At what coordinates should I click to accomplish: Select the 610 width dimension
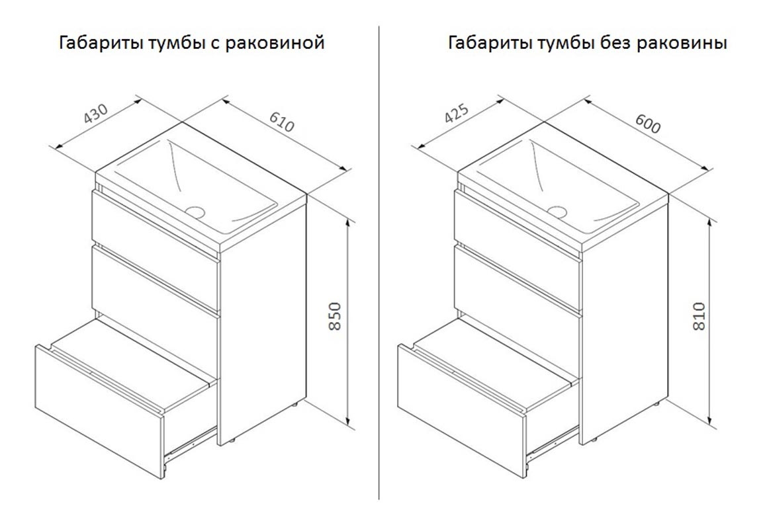pyautogui.click(x=281, y=122)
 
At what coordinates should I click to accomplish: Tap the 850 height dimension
pyautogui.click(x=335, y=316)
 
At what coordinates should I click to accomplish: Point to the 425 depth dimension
pyautogui.click(x=457, y=114)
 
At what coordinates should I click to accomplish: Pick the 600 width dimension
pyautogui.click(x=647, y=124)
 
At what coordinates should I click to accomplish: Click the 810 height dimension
pyautogui.click(x=699, y=316)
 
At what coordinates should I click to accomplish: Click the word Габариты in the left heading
pyautogui.click(x=100, y=43)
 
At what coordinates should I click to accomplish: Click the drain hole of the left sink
pyautogui.click(x=195, y=212)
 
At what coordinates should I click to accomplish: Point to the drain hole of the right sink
pyautogui.click(x=557, y=212)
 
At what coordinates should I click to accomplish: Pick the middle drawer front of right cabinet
pyautogui.click(x=517, y=280)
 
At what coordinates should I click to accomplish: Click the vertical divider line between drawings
pyautogui.click(x=379, y=263)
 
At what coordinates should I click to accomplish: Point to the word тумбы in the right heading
pyautogui.click(x=566, y=43)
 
